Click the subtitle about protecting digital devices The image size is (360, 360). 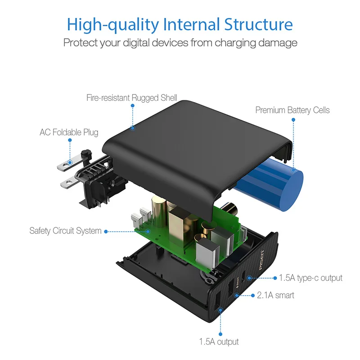[180, 43]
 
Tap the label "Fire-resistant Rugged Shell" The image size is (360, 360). [132, 97]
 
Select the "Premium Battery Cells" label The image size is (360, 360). [292, 110]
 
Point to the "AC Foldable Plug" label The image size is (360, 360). [69, 132]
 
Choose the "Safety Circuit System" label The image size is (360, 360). [65, 231]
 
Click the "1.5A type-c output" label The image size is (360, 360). [310, 278]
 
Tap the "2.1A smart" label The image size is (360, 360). [275, 295]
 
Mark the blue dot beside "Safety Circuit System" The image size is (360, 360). [106, 231]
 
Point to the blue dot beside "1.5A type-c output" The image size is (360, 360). [274, 278]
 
